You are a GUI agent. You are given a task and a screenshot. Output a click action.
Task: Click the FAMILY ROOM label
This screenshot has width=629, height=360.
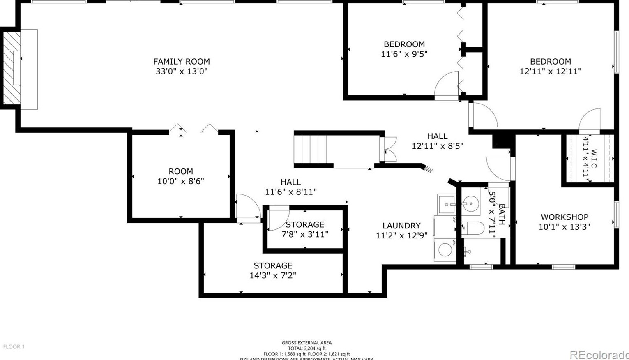click(x=181, y=62)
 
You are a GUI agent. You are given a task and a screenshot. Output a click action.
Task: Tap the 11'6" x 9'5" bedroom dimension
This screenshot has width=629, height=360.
click(x=404, y=54)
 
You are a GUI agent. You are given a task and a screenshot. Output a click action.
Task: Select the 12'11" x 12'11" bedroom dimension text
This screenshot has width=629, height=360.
click(x=550, y=71)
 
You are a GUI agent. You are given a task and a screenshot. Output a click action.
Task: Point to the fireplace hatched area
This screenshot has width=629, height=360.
click(x=12, y=68)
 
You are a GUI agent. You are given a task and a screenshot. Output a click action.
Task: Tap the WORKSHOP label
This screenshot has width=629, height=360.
click(x=564, y=217)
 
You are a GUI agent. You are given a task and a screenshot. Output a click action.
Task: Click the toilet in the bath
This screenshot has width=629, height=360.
click(x=473, y=228)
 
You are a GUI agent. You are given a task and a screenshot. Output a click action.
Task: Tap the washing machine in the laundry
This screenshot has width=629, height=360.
click(x=445, y=249)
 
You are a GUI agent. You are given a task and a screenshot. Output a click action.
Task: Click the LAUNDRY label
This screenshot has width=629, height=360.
click(x=401, y=226)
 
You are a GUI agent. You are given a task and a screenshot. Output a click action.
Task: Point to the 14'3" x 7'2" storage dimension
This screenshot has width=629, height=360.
click(x=273, y=275)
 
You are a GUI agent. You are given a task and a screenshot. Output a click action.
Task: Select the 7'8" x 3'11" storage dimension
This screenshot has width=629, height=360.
click(x=305, y=234)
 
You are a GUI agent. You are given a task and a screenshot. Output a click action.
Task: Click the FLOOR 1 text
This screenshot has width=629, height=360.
click(x=14, y=347)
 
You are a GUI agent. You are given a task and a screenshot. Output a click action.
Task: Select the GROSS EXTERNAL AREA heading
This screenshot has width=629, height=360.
click(x=306, y=343)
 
